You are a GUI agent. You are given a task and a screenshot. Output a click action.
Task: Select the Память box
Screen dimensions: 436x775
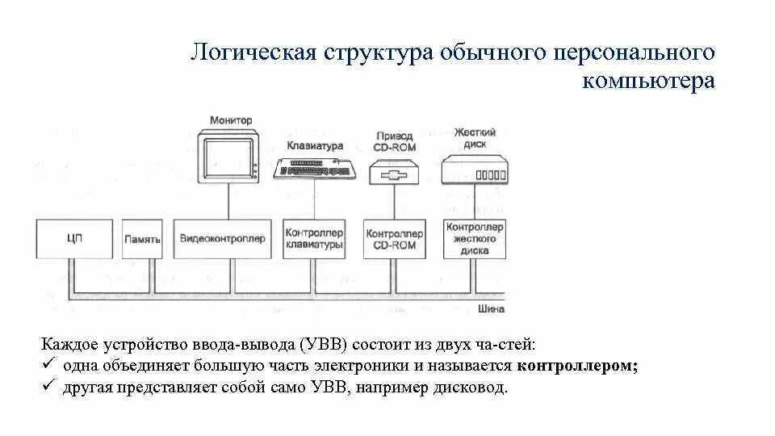coord(143,239)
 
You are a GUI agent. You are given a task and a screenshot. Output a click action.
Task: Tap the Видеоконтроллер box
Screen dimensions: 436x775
coord(222,239)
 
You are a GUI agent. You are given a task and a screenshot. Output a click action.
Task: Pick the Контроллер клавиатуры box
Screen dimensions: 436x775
coord(313,238)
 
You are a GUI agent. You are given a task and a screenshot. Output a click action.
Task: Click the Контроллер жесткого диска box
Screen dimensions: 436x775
coord(475,238)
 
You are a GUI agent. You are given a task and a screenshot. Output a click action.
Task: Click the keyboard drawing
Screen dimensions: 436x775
coord(316,169)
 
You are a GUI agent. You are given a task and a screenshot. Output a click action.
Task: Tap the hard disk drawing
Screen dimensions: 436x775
coord(475,170)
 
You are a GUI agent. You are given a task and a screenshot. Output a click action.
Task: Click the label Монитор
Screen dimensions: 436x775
coord(231,120)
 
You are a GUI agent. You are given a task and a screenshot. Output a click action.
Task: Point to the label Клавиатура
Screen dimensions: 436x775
coord(315,146)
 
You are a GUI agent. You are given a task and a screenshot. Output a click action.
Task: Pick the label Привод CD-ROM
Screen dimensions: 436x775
coord(394,140)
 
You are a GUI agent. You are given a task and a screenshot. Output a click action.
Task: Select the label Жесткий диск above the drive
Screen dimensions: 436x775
coord(475,137)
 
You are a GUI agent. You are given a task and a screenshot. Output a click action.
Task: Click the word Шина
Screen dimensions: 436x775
coord(491,308)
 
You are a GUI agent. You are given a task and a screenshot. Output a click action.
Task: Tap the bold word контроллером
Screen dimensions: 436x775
coord(577,365)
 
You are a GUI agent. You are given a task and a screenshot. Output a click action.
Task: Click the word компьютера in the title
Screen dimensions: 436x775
coord(647,82)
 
